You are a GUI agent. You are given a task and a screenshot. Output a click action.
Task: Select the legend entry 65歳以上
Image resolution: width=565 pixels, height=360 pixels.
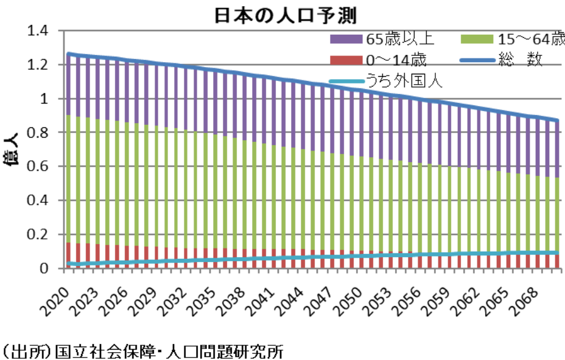pos(399,40)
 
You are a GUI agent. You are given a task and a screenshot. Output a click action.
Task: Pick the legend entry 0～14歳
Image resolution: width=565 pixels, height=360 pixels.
pos(396,60)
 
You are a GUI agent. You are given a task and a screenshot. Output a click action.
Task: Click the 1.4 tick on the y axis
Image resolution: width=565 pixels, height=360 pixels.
pos(37,30)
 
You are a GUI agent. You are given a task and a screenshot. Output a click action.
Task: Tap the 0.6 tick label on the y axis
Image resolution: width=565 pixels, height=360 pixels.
pos(37,166)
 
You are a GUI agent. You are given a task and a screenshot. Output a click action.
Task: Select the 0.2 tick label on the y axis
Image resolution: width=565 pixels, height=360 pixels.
pos(37,235)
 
